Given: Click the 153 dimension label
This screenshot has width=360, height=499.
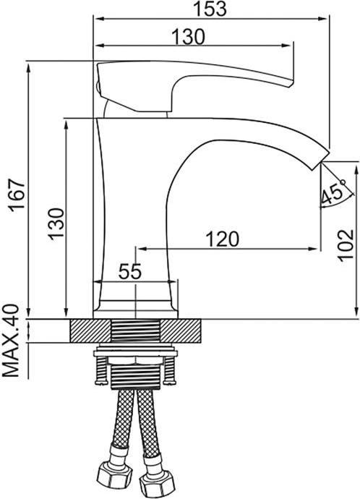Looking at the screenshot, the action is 210,9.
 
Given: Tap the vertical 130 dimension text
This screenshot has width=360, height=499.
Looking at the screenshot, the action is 56,224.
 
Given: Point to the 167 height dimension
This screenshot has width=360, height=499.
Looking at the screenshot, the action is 17,195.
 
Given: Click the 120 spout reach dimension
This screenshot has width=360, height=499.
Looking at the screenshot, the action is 223,239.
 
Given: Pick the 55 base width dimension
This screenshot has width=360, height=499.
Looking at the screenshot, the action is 129,272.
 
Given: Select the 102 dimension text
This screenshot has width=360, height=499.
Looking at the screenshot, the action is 346,245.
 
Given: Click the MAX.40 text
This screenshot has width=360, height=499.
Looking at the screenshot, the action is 11,341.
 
